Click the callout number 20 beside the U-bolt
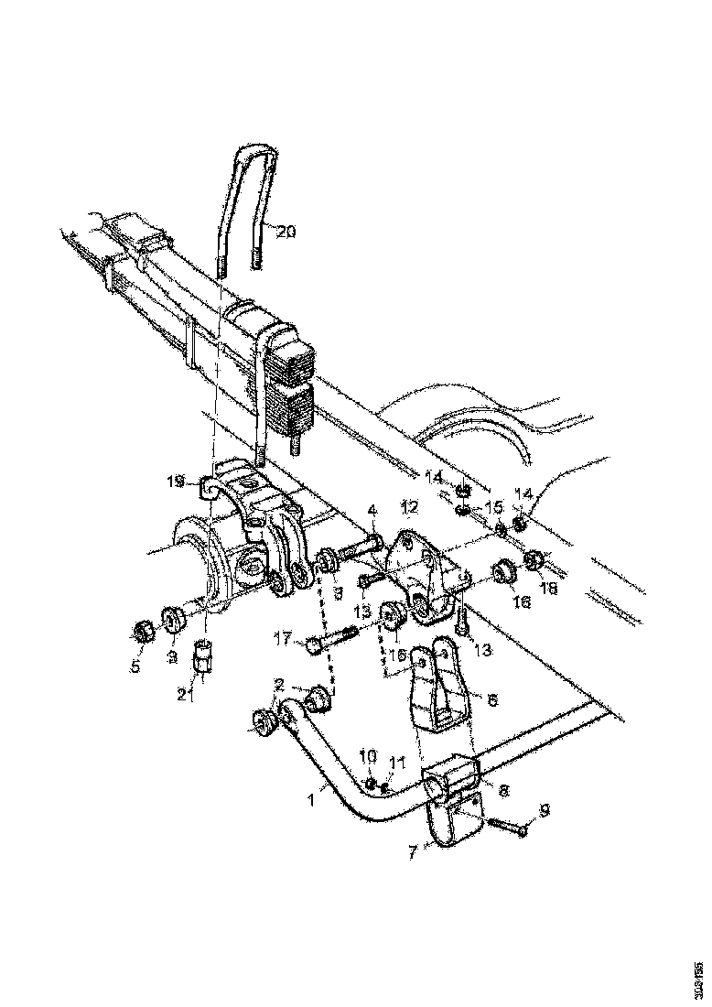(286, 232)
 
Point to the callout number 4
(372, 509)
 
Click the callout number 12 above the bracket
(409, 506)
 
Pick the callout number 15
(493, 506)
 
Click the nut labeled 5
(142, 631)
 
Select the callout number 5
(135, 666)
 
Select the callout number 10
(368, 755)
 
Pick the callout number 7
(414, 852)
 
